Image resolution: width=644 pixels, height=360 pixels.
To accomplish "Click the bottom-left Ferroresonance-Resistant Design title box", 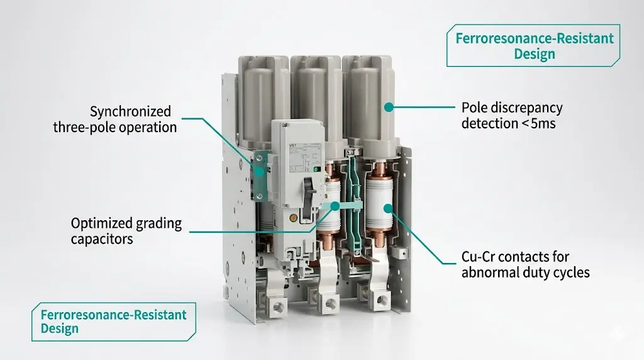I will (x=113, y=321).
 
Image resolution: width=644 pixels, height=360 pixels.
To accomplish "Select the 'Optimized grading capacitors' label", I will (x=126, y=231).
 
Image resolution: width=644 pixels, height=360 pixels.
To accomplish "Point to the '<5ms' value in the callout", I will (x=539, y=123).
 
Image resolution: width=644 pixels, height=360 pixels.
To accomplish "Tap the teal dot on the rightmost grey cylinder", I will (x=389, y=108).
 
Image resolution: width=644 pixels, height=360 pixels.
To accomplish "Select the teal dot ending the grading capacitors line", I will (x=336, y=206).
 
